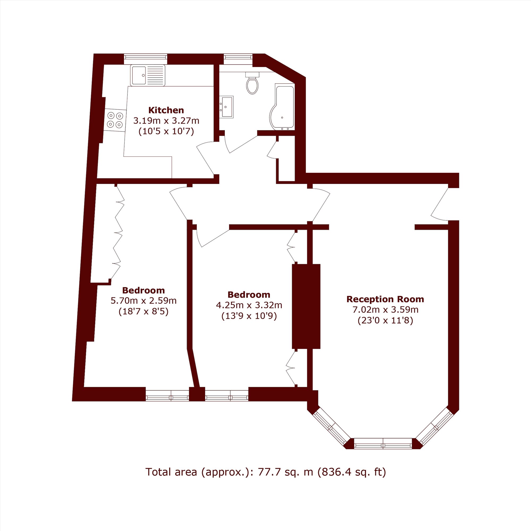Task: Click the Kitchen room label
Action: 166,110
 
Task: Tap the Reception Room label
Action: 385,299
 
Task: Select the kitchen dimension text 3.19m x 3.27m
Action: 166,121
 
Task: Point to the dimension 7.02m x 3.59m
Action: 385,310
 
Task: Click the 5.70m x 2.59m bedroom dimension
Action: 143,301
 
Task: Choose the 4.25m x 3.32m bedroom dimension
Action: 249,305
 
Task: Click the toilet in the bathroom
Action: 252,83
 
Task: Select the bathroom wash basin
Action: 226,107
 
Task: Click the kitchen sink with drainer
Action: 148,75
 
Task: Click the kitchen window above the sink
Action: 145,57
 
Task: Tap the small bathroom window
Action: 238,57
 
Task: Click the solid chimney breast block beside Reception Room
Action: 306,306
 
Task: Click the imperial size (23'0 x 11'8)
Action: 385,321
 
